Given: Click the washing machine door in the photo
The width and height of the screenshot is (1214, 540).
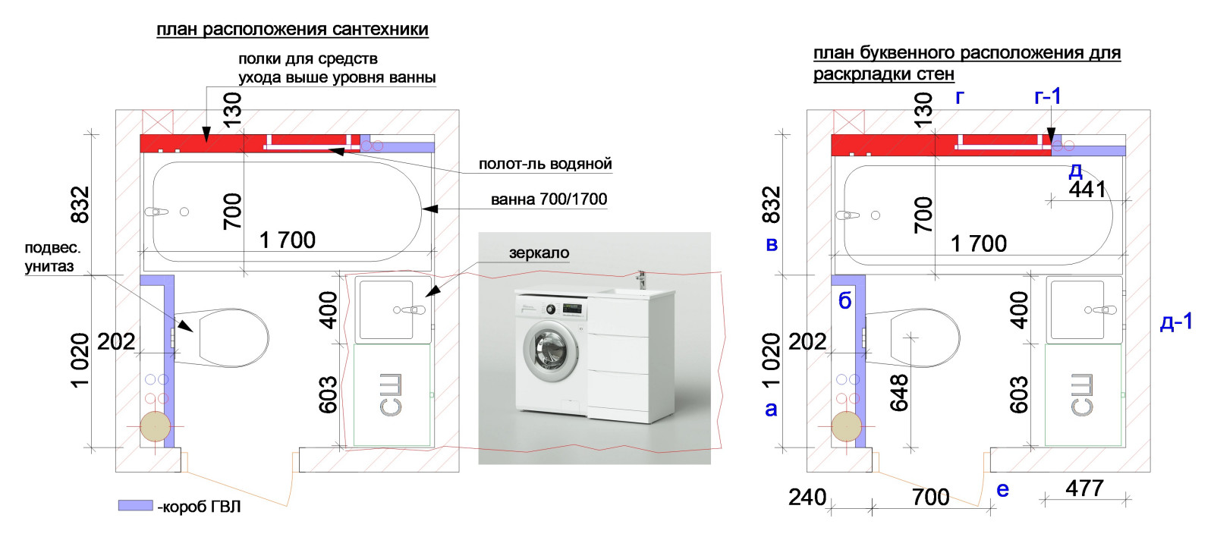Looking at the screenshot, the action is click(550, 350).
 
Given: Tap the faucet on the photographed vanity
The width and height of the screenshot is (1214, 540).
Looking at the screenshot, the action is click(642, 279).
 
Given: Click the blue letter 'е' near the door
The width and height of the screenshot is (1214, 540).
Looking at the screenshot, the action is click(1002, 490).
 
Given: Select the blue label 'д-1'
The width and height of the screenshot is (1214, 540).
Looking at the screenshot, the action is click(1176, 322).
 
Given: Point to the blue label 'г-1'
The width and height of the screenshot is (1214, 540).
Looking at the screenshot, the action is click(1048, 96).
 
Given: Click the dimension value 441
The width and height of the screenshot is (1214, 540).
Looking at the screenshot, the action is click(1087, 190).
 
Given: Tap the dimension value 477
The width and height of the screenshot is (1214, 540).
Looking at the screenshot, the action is click(1084, 488).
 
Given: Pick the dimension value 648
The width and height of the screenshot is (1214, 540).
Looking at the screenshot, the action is click(899, 393).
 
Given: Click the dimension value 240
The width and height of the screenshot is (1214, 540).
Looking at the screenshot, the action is click(807, 498).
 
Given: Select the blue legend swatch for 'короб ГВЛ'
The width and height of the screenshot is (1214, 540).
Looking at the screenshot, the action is click(136, 505).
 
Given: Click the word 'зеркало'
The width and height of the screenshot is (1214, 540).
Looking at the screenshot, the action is click(539, 253).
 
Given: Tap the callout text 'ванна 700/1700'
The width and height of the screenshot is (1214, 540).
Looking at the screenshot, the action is click(549, 199).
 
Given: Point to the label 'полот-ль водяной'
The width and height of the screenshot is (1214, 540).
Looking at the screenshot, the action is click(546, 164).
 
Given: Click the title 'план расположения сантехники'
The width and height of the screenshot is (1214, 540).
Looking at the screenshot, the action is click(293, 30).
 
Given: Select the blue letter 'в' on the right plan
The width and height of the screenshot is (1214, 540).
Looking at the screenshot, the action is click(772, 244).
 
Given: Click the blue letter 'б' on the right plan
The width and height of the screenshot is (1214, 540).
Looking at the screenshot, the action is click(845, 300).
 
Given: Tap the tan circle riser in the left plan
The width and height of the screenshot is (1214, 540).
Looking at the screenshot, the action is click(155, 426).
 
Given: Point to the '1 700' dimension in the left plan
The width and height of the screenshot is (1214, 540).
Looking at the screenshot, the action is click(288, 240).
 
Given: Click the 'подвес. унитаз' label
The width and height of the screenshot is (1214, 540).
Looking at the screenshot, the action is click(52, 257).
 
